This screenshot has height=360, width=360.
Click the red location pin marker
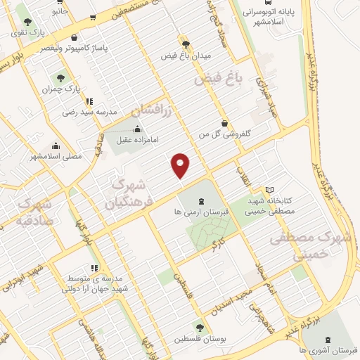click(181, 165)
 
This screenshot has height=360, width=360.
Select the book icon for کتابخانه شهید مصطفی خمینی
click(271, 191)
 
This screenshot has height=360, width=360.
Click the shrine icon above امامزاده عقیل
click(136, 129)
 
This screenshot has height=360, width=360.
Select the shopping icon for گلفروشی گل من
click(224, 123)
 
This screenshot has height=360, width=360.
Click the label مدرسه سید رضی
click(89, 112)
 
